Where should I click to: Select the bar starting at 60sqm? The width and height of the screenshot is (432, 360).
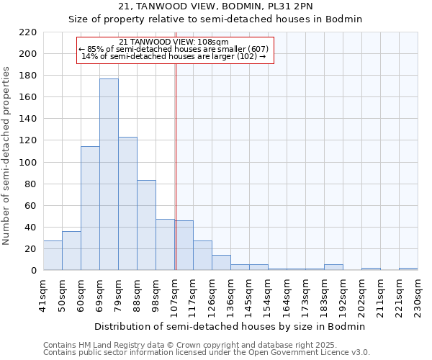click(x=90, y=209)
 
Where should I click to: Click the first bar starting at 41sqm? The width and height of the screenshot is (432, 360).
click(x=53, y=256)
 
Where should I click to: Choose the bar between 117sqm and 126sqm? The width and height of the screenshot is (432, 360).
click(x=202, y=256)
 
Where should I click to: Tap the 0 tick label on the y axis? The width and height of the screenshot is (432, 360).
click(x=33, y=271)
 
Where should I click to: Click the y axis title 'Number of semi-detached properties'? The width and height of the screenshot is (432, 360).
click(x=7, y=156)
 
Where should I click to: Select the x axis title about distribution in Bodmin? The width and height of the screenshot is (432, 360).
click(x=229, y=326)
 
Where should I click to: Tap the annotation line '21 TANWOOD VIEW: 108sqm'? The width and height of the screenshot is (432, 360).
click(x=174, y=42)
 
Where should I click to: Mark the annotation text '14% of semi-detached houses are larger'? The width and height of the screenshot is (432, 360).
click(x=174, y=56)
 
